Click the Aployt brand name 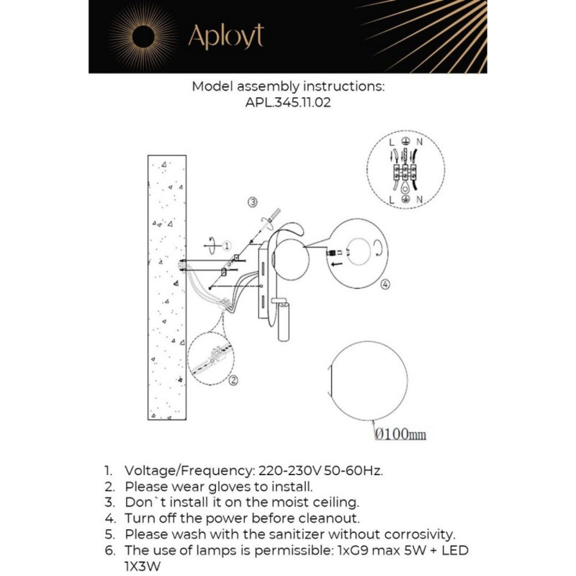tap(225, 36)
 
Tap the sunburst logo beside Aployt tap(143, 35)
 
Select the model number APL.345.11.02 tap(288, 102)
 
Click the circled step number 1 tap(226, 246)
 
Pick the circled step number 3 tap(252, 202)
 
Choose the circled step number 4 tap(385, 285)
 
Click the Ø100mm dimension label tap(400, 434)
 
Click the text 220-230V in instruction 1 tap(285, 471)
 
